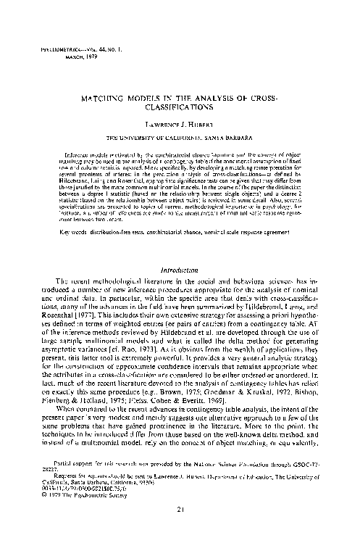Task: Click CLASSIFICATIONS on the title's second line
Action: [x=180, y=105]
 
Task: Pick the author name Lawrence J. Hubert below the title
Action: [x=180, y=124]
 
